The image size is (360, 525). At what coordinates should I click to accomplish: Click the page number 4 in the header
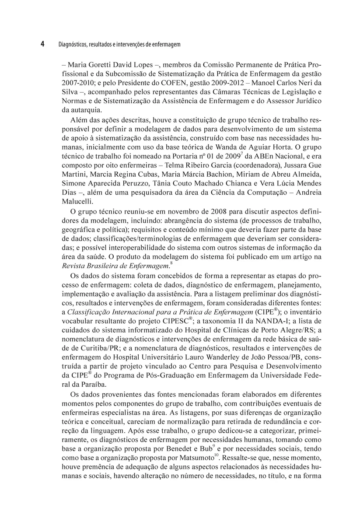(42, 44)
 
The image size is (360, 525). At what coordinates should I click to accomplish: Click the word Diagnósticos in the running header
(72, 45)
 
